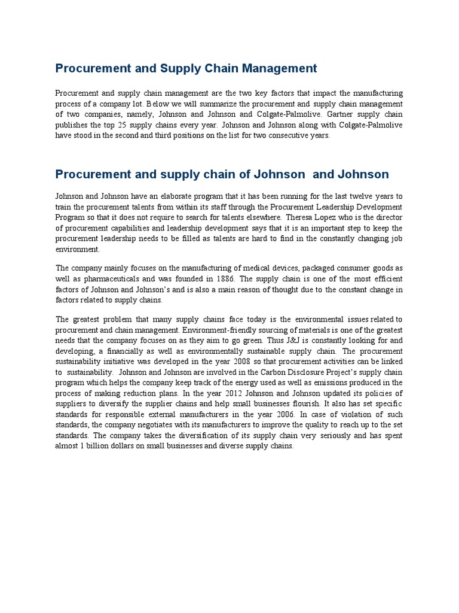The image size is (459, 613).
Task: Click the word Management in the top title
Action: [280, 68]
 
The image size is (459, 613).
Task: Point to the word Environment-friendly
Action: [219, 330]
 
